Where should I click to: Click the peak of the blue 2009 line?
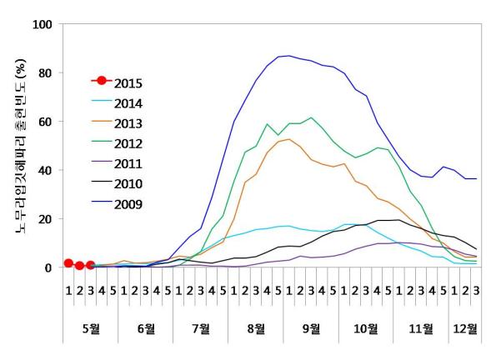click(288, 56)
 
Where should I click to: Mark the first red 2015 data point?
click(68, 263)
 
